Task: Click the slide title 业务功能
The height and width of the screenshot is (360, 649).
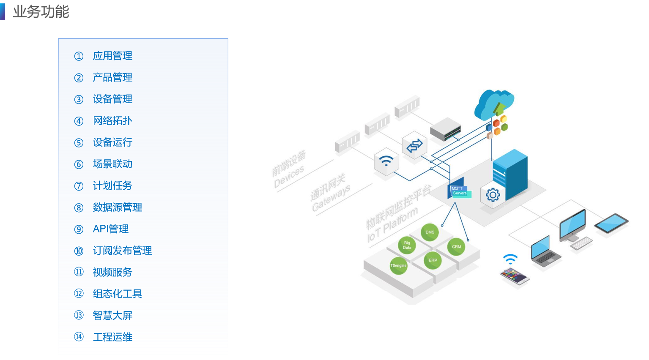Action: click(x=41, y=11)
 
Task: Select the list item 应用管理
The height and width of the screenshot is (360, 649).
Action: click(x=112, y=56)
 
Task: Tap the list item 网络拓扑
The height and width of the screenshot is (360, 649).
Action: click(x=112, y=121)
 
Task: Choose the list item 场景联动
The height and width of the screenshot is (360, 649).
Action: click(x=112, y=164)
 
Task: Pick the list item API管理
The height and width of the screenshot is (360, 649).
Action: click(x=111, y=229)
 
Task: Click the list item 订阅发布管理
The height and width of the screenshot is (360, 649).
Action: click(x=122, y=251)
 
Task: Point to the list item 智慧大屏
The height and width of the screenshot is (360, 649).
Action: click(x=112, y=316)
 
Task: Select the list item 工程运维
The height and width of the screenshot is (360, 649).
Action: click(x=112, y=337)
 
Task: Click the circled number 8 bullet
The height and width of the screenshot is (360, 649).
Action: click(x=79, y=207)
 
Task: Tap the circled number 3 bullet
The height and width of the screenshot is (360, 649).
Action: click(x=79, y=99)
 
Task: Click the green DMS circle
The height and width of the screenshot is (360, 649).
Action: click(x=430, y=232)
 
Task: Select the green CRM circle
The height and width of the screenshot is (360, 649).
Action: click(x=456, y=247)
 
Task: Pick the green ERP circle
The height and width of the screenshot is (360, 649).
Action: click(x=433, y=260)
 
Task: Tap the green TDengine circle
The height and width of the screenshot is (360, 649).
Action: click(x=398, y=266)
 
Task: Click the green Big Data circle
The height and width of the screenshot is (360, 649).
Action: click(x=407, y=245)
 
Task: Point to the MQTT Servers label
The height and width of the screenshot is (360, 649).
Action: click(x=459, y=191)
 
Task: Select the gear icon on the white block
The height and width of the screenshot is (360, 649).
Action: click(x=493, y=195)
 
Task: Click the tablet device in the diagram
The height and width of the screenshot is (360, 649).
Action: click(x=611, y=223)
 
